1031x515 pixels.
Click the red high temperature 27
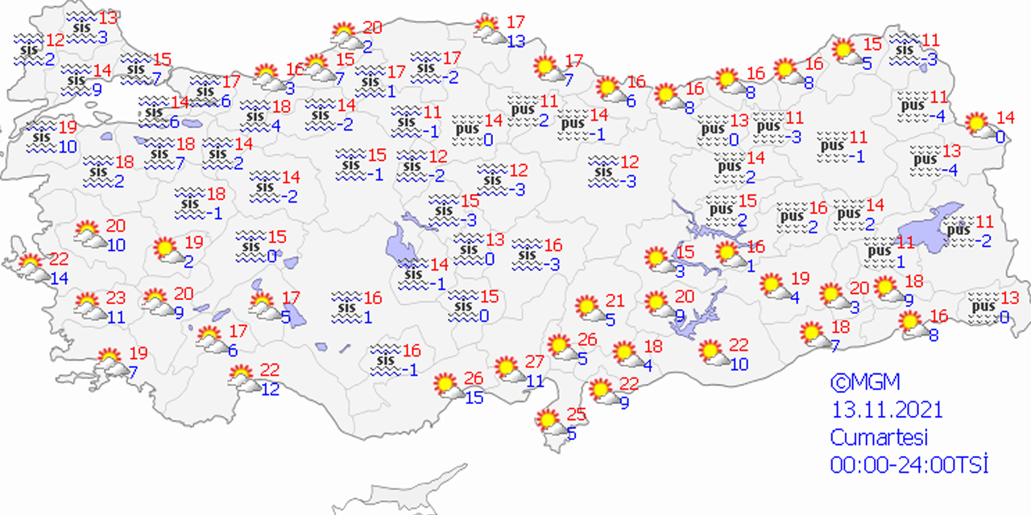pos(534,361)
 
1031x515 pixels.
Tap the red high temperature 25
pos(575,416)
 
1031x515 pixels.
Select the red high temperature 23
pos(116,298)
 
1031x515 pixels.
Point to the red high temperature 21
pos(615,301)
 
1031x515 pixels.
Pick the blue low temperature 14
pos(60,278)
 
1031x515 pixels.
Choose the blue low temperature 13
pos(516,41)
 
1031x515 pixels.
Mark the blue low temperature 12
pos(270,389)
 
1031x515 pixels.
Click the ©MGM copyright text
pos(865,381)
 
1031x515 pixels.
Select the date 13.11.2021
pos(886,410)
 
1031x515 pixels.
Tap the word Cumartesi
pos(879,438)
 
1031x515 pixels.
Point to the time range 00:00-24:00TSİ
pos(909,465)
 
